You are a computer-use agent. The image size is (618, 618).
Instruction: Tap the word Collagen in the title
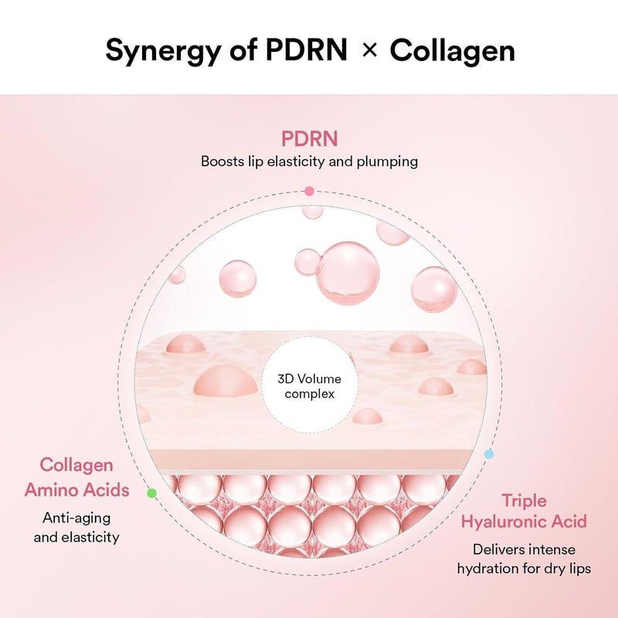[x=452, y=51]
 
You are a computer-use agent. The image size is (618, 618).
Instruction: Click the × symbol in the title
[x=370, y=51]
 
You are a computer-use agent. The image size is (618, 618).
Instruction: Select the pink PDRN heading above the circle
[x=309, y=140]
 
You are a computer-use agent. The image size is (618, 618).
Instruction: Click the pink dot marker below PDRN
[x=309, y=190]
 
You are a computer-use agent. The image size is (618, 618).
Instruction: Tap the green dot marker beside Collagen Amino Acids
[x=151, y=492]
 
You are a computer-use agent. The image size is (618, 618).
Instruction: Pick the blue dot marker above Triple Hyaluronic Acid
[x=488, y=454]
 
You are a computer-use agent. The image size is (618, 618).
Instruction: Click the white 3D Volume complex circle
[x=309, y=386]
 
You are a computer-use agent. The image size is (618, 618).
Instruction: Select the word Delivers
[x=498, y=550]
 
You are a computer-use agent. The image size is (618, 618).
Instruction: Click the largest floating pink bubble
[x=342, y=271]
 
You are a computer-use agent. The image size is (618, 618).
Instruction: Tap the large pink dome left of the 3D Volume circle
[x=224, y=381]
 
